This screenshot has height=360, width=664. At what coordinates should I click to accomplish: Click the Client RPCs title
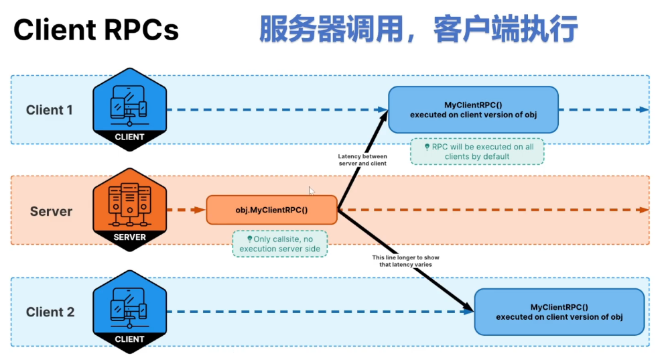point(96,29)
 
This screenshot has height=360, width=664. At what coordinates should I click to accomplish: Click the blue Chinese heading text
point(417,29)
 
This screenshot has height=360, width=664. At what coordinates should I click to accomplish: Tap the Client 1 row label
point(50,110)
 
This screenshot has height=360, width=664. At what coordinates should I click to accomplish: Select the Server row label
point(51,211)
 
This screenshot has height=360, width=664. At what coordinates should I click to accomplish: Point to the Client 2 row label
point(50,312)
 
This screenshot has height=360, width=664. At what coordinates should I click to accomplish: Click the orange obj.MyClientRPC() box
point(271,210)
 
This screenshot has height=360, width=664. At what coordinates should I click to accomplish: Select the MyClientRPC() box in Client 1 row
point(473,110)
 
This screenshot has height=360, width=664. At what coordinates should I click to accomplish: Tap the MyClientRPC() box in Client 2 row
point(559,312)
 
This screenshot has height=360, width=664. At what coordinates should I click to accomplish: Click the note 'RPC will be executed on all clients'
point(477,151)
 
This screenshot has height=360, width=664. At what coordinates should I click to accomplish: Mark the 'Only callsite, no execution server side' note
point(281,244)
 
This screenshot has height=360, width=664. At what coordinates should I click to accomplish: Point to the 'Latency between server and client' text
point(362,160)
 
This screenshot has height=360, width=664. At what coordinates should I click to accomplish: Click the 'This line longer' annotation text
point(406,261)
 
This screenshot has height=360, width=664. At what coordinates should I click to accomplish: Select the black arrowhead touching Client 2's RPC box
point(468,308)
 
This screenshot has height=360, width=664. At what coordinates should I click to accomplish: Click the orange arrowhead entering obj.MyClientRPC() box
point(200,210)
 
